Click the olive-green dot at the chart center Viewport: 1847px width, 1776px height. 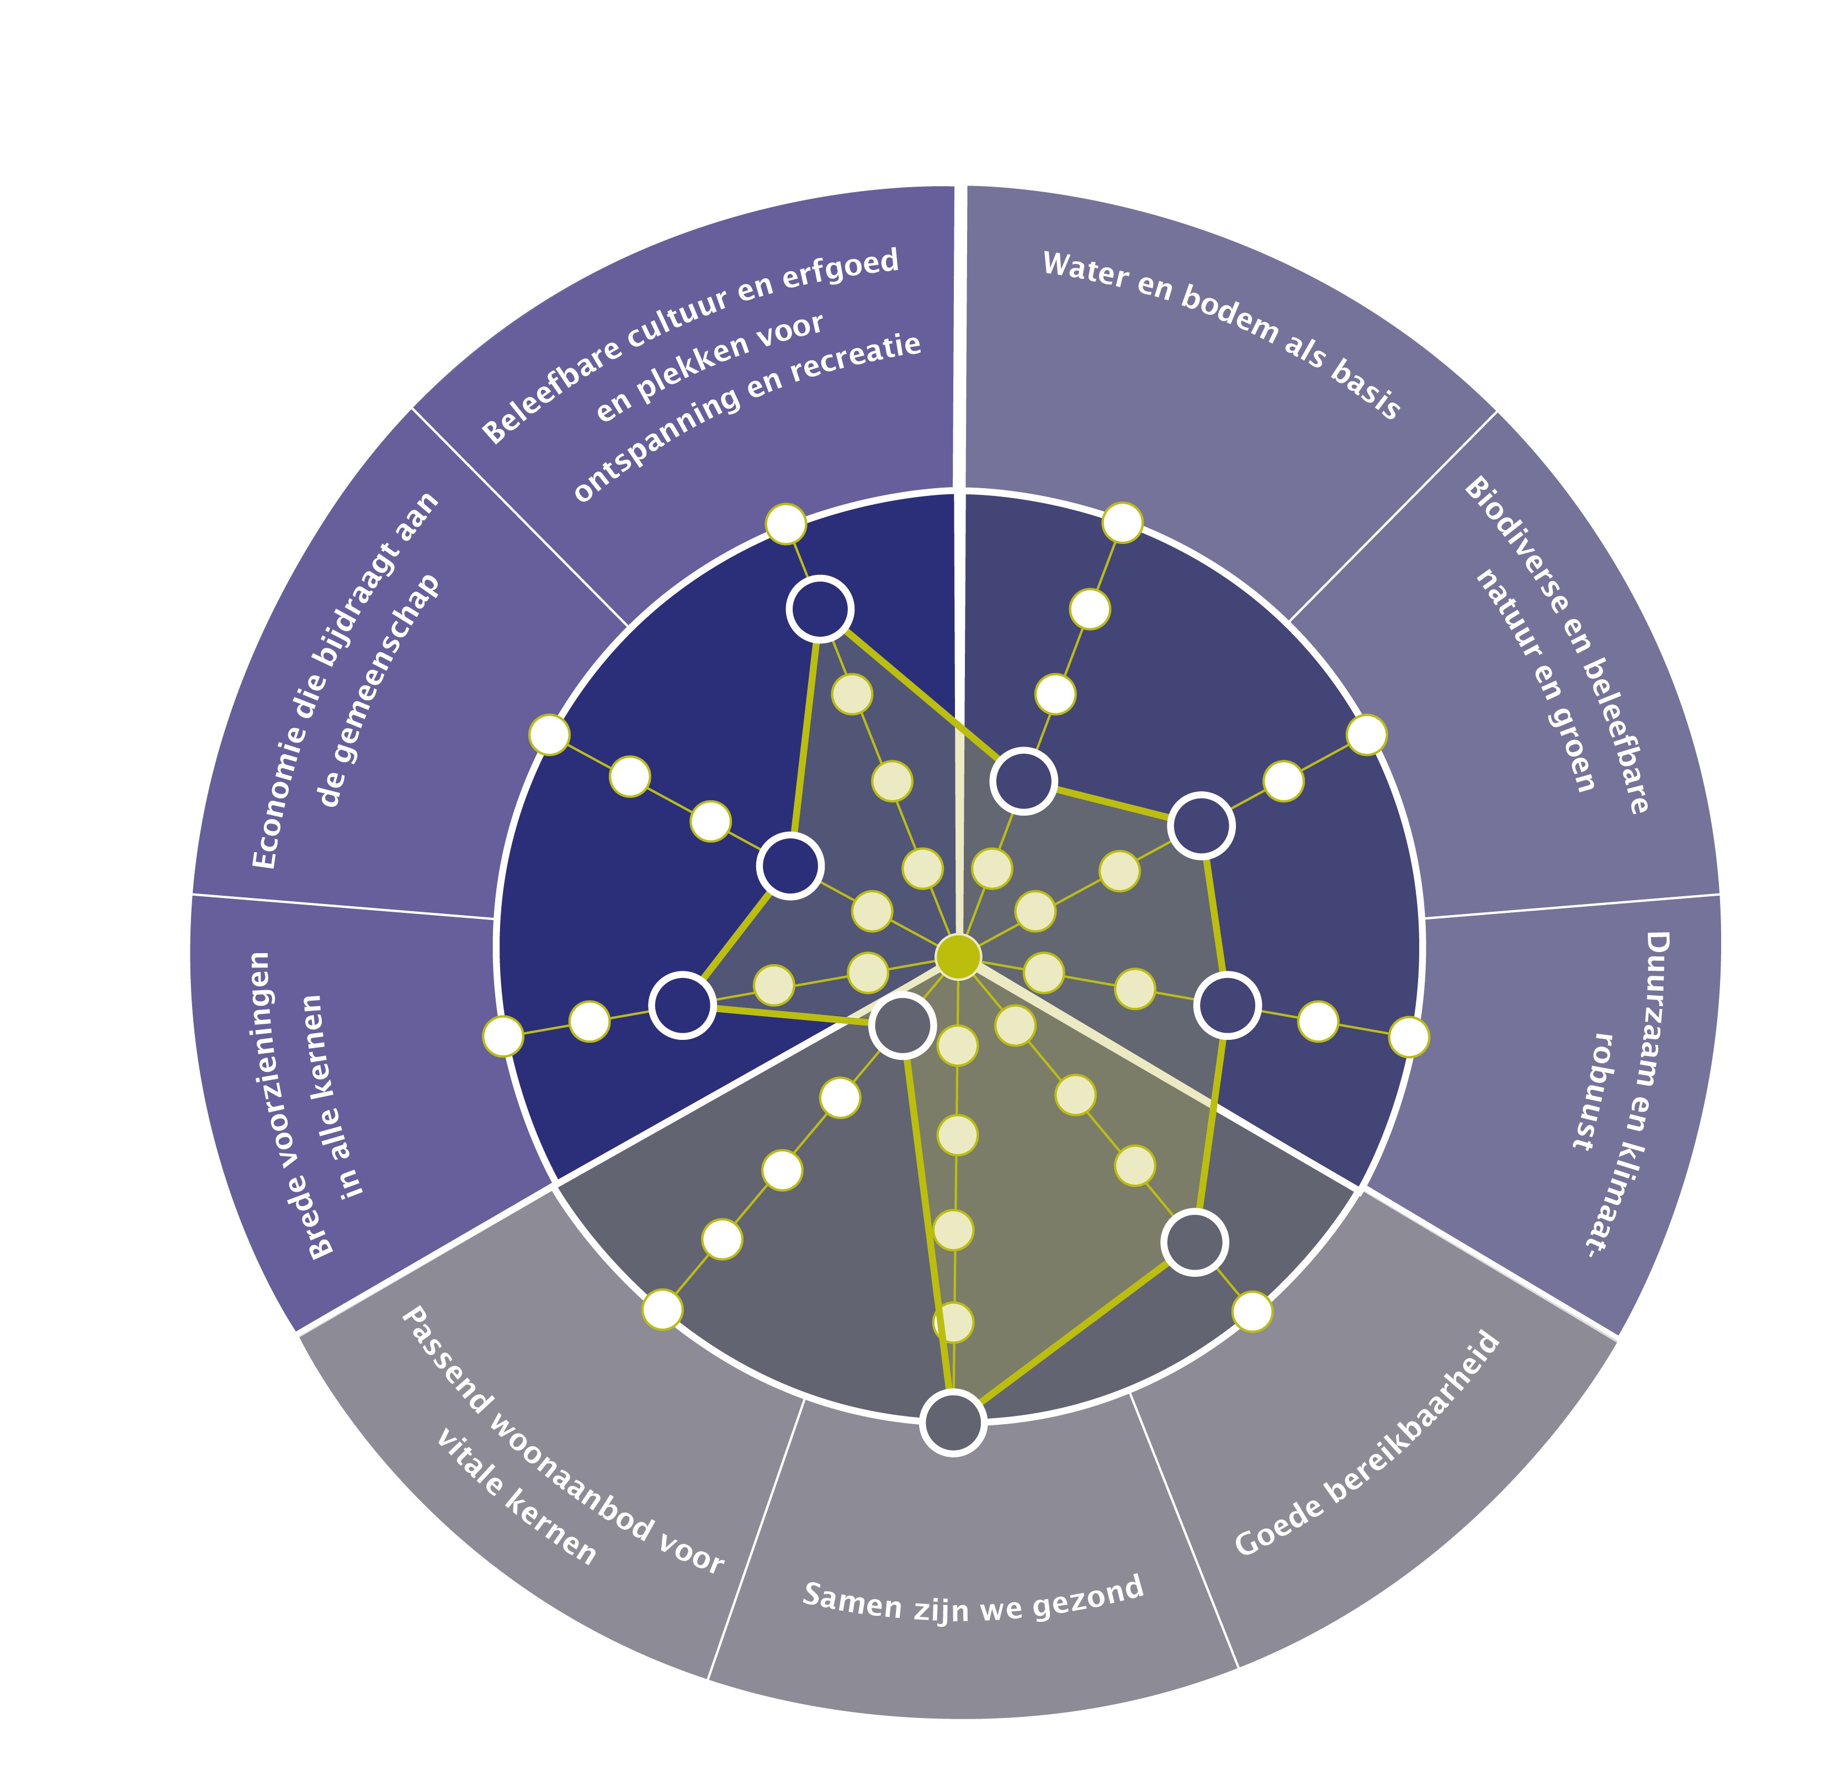957,956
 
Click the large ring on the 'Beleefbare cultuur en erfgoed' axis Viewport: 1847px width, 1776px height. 820,609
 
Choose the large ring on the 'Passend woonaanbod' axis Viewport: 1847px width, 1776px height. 902,1026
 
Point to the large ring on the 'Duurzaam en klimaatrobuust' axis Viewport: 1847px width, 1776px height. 1228,1006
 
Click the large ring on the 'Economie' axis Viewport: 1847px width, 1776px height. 790,865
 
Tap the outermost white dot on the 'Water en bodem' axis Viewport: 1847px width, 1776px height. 1122,522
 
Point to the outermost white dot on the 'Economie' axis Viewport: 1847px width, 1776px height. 549,734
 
